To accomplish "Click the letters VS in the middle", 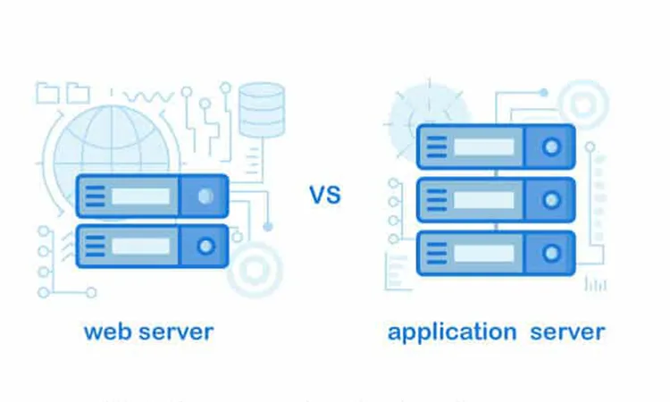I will click(x=325, y=194).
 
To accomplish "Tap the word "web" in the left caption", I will click(x=105, y=332).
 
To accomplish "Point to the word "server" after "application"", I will click(x=567, y=332).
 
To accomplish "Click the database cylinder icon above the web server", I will click(x=262, y=109).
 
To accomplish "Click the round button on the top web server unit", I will click(x=205, y=196).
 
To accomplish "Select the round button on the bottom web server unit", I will click(x=205, y=245).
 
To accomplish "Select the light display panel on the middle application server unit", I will click(x=483, y=199).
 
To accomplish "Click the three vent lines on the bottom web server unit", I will click(x=95, y=245).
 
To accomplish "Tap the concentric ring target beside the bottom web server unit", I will click(x=255, y=268).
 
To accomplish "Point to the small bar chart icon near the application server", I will click(x=595, y=284).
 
